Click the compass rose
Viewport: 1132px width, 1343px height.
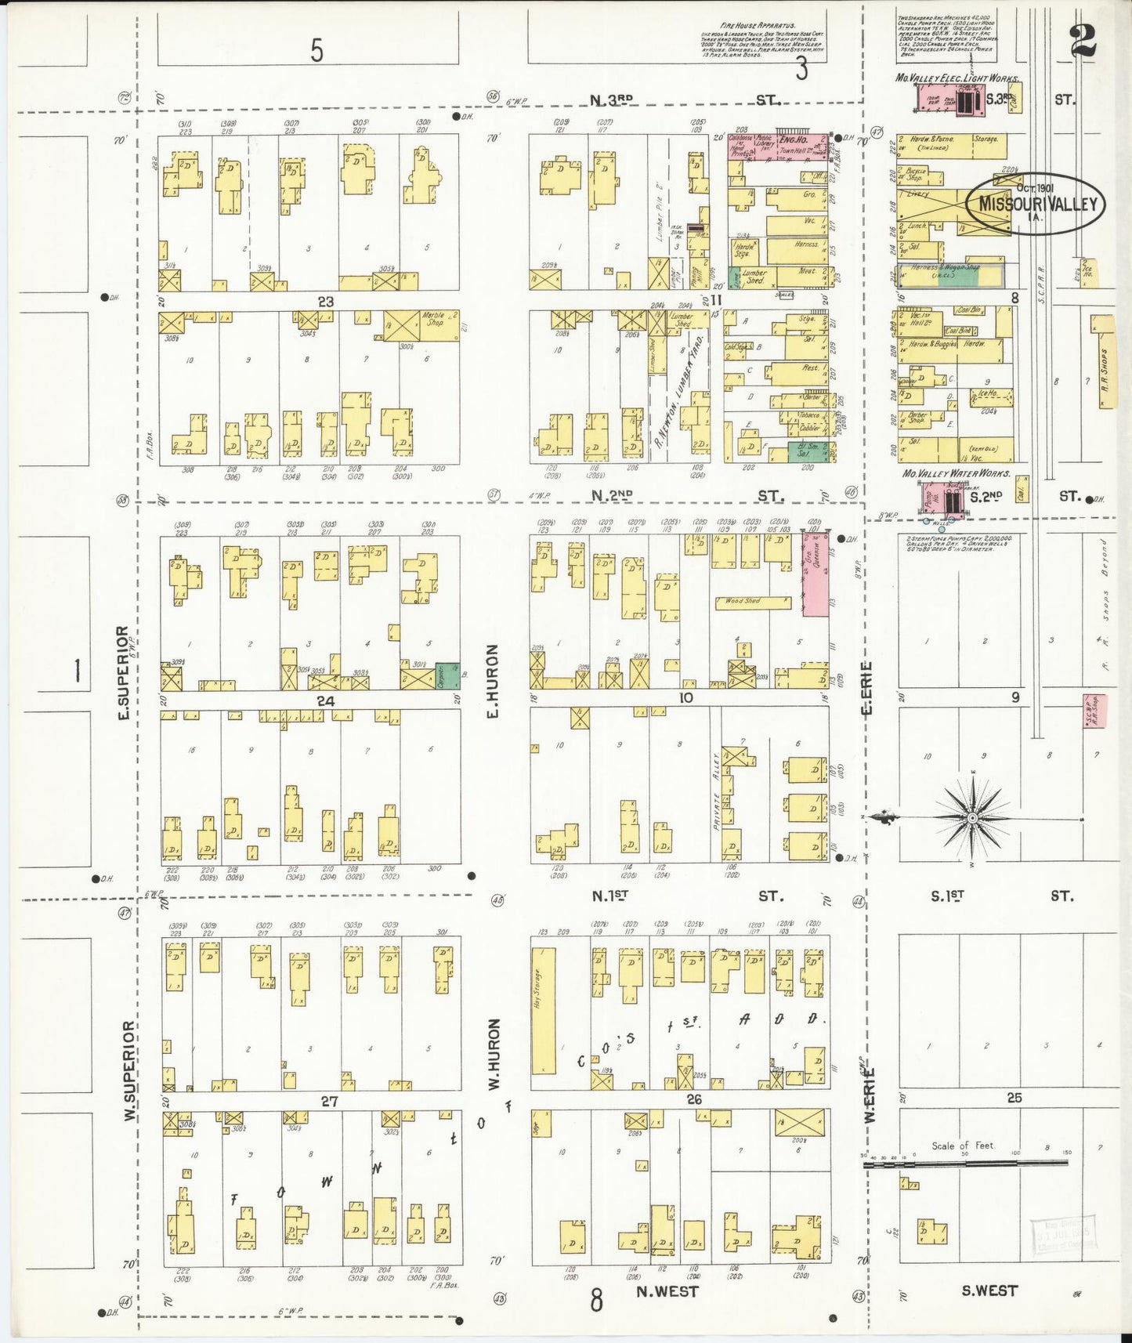pyautogui.click(x=972, y=818)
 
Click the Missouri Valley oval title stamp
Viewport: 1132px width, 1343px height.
pyautogui.click(x=1034, y=204)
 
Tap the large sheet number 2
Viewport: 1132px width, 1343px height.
pyautogui.click(x=1085, y=40)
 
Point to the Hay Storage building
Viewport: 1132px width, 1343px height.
pyautogui.click(x=543, y=1011)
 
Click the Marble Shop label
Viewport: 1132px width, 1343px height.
pyautogui.click(x=433, y=320)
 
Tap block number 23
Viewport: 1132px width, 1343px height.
pyautogui.click(x=326, y=302)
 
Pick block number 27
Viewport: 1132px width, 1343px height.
pyautogui.click(x=329, y=1102)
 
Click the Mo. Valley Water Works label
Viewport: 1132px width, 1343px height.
pyautogui.click(x=956, y=473)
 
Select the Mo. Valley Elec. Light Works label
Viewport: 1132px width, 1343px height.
pyautogui.click(x=957, y=78)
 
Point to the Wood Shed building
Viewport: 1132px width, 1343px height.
pyautogui.click(x=752, y=602)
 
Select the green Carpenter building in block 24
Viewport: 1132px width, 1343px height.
pyautogui.click(x=447, y=676)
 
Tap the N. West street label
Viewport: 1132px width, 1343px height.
pyautogui.click(x=667, y=1291)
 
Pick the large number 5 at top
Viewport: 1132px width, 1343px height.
pyautogui.click(x=316, y=50)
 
